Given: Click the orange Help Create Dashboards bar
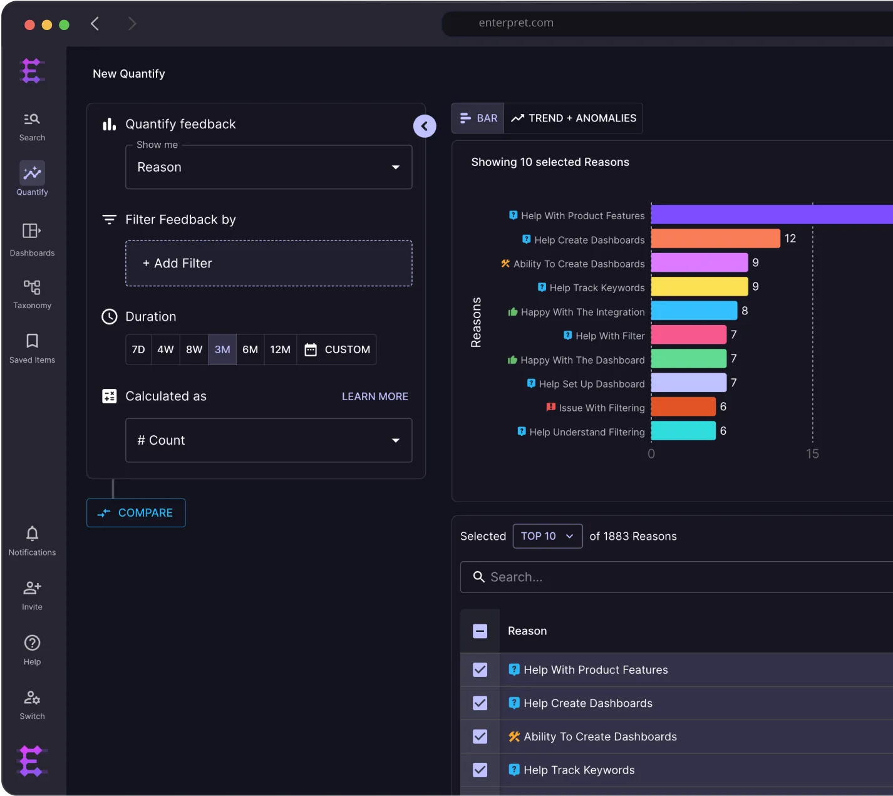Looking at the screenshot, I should click(715, 239).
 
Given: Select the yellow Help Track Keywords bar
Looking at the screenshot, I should click(699, 287).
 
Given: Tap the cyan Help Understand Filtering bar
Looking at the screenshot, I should click(683, 431).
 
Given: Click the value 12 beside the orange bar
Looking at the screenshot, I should click(790, 239).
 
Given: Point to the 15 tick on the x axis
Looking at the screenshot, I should click(812, 454).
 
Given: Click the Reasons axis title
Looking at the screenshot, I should click(476, 322).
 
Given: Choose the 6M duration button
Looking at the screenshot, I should click(250, 349).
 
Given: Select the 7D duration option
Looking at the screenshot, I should click(138, 349).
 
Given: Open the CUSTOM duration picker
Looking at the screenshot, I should click(337, 349).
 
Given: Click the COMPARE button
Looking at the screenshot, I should click(136, 513).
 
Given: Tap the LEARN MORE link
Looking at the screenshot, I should click(374, 396).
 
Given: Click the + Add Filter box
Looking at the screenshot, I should click(269, 264).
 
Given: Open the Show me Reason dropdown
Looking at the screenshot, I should click(269, 167).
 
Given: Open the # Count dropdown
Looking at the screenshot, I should click(269, 440).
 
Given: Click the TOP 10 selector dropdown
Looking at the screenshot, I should click(547, 536).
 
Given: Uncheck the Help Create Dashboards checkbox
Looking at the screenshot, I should click(480, 703).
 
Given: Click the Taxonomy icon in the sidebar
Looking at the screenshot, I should click(32, 287).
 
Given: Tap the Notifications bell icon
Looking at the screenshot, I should click(32, 534).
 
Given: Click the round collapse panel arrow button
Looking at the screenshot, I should click(425, 126).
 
